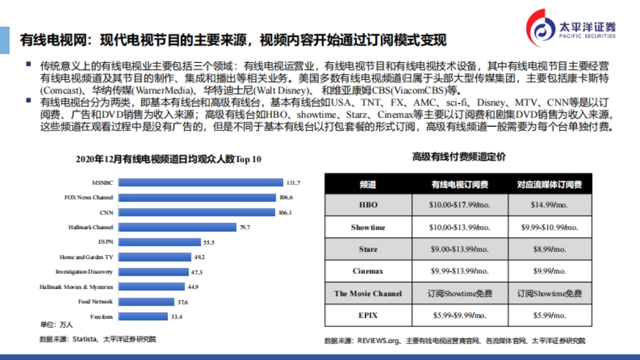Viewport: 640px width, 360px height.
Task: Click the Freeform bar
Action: (x=142, y=317)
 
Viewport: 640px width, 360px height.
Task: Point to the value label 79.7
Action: (x=245, y=228)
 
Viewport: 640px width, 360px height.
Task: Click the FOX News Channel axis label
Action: (x=89, y=197)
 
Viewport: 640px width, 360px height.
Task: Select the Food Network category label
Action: (x=95, y=302)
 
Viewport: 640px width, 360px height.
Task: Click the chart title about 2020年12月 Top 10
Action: (x=169, y=159)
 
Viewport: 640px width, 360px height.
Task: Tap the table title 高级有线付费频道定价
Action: (x=459, y=157)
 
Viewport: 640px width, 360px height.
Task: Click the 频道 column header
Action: (x=367, y=185)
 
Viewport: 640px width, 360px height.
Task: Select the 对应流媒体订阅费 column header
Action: (x=549, y=185)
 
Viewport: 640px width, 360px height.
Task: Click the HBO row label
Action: (x=367, y=205)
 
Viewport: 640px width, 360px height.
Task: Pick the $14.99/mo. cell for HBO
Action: (x=549, y=205)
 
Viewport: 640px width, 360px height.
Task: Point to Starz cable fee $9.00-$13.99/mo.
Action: (x=459, y=249)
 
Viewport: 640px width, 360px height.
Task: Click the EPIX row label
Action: (x=367, y=315)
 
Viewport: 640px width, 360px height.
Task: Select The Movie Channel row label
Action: (x=367, y=293)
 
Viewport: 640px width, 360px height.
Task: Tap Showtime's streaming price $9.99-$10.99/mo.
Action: (x=549, y=227)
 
